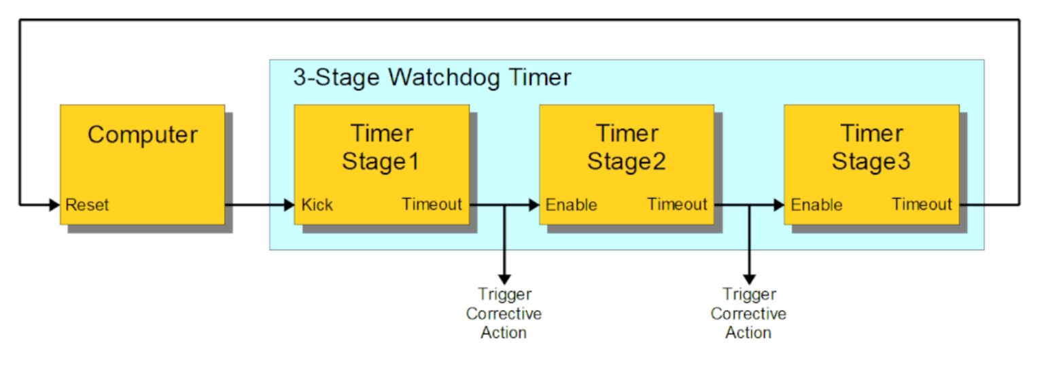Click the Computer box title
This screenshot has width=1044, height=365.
[142, 134]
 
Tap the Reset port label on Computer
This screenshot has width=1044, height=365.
[87, 205]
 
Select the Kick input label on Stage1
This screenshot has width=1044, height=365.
[317, 205]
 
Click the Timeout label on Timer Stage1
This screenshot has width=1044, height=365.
[432, 204]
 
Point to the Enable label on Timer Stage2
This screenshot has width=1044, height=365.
[572, 205]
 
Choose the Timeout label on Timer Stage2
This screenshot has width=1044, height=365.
[677, 204]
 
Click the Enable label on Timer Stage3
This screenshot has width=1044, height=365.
[816, 205]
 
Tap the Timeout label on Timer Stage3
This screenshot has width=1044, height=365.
[922, 204]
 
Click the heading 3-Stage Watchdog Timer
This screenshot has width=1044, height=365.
[432, 77]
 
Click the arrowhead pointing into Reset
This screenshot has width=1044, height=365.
[54, 204]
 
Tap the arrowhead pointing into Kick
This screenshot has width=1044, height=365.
[288, 204]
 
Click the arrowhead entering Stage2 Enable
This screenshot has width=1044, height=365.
[534, 204]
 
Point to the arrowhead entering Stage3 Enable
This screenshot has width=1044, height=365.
[778, 204]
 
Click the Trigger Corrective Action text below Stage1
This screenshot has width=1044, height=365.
[504, 313]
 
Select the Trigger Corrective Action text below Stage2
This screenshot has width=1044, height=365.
[748, 313]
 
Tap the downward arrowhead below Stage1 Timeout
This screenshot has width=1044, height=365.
[504, 279]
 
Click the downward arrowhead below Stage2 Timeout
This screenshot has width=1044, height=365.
[748, 279]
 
